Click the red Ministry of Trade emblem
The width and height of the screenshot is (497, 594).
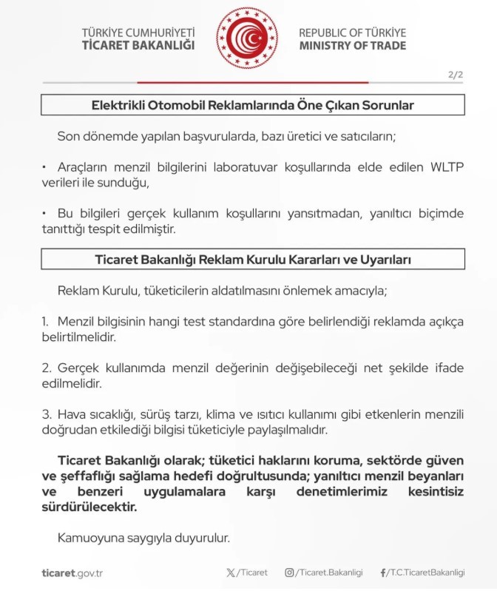click(x=247, y=38)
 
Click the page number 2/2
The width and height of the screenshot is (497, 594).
click(x=455, y=75)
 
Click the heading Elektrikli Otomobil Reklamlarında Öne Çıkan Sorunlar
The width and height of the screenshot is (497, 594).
click(x=252, y=105)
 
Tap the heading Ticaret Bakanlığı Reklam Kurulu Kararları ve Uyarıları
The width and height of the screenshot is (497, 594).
click(x=252, y=260)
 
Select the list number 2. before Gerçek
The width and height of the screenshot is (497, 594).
click(x=45, y=368)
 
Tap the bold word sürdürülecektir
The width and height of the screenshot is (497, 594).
click(x=89, y=507)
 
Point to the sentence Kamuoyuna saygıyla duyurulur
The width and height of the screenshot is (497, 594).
click(x=144, y=537)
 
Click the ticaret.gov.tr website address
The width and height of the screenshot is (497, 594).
click(x=72, y=573)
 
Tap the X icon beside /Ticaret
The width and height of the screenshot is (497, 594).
click(x=231, y=573)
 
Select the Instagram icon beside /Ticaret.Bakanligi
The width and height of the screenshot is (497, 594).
click(x=289, y=573)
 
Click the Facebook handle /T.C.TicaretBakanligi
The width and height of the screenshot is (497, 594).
click(x=425, y=573)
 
